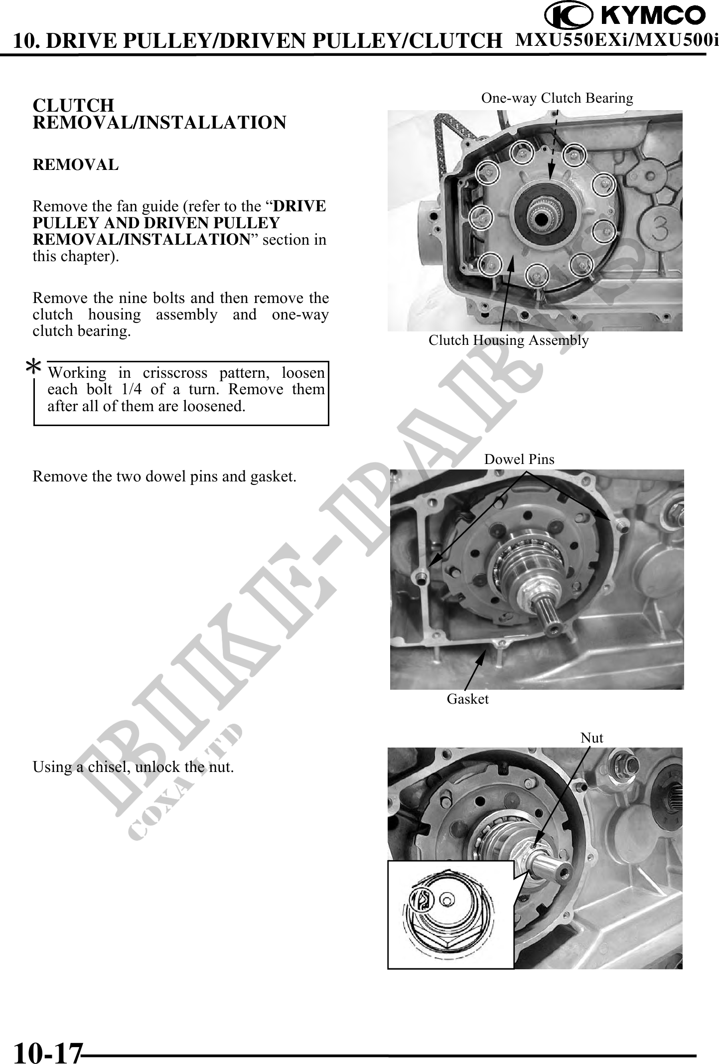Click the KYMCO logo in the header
click(x=625, y=15)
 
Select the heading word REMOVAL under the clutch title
click(x=76, y=164)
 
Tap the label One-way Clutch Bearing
click(x=557, y=98)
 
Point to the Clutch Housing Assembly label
click(x=509, y=340)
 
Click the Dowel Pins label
click(x=519, y=459)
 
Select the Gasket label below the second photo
click(x=468, y=699)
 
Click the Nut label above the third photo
click(x=592, y=738)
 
